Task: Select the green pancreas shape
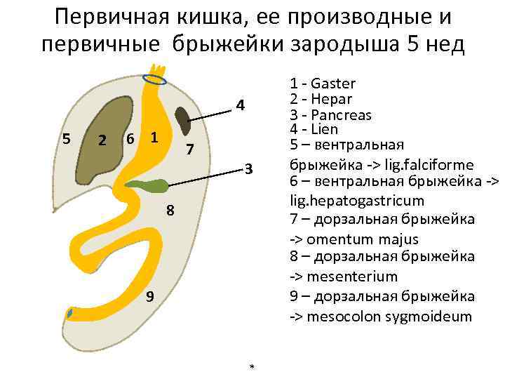point(149,186)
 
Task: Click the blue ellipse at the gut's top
point(154,79)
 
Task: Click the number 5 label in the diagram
point(66,138)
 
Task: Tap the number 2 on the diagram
point(102,141)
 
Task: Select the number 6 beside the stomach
point(130,138)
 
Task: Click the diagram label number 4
point(240,106)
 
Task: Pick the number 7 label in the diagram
point(189,149)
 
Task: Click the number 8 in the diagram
point(170,211)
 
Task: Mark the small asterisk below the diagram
point(252,367)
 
